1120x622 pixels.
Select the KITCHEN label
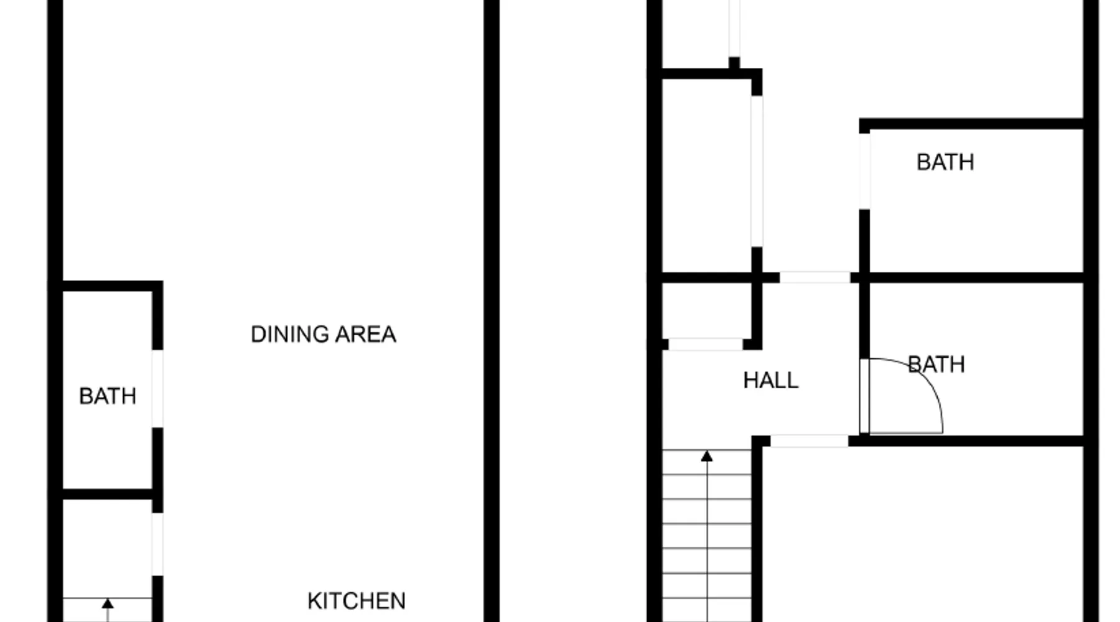pyautogui.click(x=357, y=601)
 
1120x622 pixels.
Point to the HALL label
pyautogui.click(x=771, y=380)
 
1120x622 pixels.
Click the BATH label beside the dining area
pyautogui.click(x=108, y=396)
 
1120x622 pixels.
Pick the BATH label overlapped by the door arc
pyautogui.click(x=936, y=364)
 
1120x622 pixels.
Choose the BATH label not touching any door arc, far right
pyautogui.click(x=945, y=162)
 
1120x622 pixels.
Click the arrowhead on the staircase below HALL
pyautogui.click(x=707, y=457)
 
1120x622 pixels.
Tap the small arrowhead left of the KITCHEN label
pyautogui.click(x=108, y=603)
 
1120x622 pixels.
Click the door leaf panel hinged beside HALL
pyautogui.click(x=864, y=396)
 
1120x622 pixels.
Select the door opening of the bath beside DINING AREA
pyautogui.click(x=158, y=389)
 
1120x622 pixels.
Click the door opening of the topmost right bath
pyautogui.click(x=865, y=171)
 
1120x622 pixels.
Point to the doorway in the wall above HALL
pyautogui.click(x=815, y=277)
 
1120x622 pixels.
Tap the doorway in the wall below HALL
pyautogui.click(x=810, y=441)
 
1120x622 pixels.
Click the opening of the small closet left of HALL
pyautogui.click(x=706, y=344)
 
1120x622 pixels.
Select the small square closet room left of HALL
pyautogui.click(x=707, y=311)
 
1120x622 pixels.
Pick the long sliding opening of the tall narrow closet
pyautogui.click(x=757, y=171)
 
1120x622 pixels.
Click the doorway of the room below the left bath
pyautogui.click(x=158, y=544)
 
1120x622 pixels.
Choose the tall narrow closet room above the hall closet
pyautogui.click(x=707, y=175)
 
